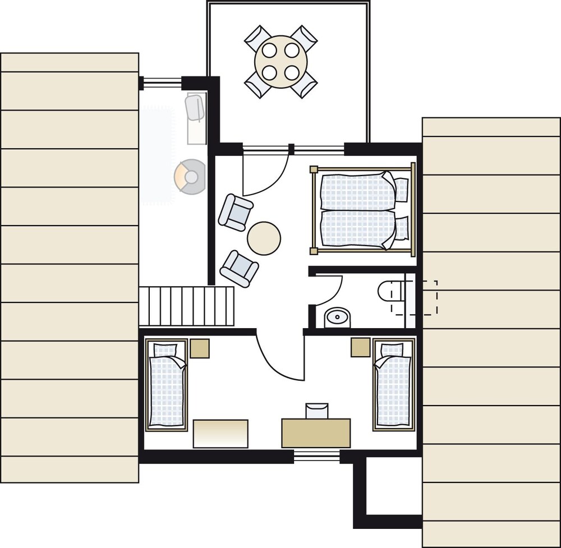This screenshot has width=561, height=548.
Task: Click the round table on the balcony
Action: pyautogui.click(x=280, y=61)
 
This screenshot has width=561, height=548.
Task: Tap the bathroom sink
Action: pyautogui.click(x=337, y=318)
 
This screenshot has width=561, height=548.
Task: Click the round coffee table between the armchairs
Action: pyautogui.click(x=264, y=238)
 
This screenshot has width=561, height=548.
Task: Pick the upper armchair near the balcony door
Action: pyautogui.click(x=236, y=212)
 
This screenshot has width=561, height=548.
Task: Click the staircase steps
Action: pyautogui.click(x=186, y=306)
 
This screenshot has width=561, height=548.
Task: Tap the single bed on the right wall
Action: pyautogui.click(x=393, y=386)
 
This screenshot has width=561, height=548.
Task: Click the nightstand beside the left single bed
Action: pyautogui.click(x=199, y=348)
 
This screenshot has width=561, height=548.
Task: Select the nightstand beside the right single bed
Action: pyautogui.click(x=361, y=347)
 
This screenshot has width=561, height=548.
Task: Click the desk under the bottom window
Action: pyautogui.click(x=316, y=433)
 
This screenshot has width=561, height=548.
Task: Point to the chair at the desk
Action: pyautogui.click(x=316, y=411)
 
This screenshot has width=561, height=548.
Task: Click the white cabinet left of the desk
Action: pyautogui.click(x=220, y=434)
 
